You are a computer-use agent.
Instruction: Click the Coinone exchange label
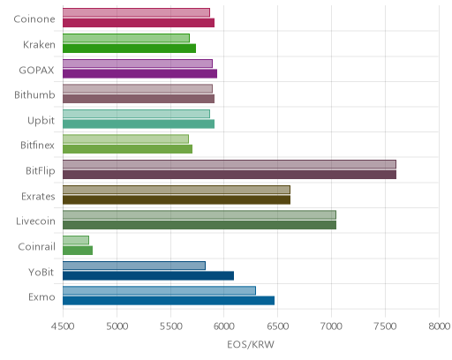(34, 19)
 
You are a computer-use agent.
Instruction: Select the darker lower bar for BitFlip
(230, 175)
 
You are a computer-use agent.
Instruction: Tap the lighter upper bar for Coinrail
(76, 240)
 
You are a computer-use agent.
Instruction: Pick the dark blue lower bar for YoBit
(148, 275)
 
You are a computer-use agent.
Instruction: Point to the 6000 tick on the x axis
(223, 326)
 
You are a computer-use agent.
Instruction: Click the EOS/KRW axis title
(251, 344)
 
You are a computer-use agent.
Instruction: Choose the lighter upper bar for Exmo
(159, 290)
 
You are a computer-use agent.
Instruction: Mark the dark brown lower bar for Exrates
(177, 199)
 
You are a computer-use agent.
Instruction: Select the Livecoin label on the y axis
(35, 221)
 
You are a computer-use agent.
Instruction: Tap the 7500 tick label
(385, 326)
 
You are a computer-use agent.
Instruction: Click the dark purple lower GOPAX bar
(139, 73)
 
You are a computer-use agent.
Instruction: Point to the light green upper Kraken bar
(126, 38)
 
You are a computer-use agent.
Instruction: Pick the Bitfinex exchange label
(37, 146)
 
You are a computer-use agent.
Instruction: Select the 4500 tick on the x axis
(63, 326)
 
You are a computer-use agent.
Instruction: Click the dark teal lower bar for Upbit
(139, 124)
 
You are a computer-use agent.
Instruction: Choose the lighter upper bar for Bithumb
(138, 89)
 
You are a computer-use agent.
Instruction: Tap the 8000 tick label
(439, 326)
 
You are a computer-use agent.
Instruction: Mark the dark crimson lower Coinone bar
(139, 23)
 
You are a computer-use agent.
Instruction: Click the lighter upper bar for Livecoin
(200, 214)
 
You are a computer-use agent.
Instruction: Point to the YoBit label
(41, 272)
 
